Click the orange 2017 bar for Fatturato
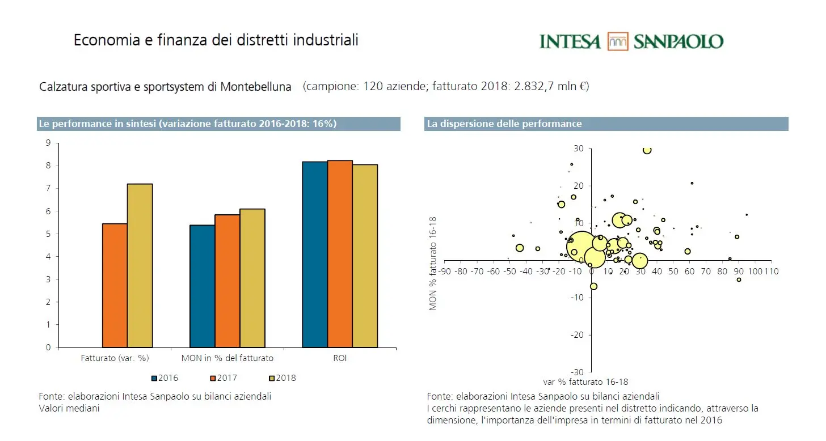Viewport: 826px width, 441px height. tap(115, 285)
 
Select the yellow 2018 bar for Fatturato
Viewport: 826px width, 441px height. tap(140, 265)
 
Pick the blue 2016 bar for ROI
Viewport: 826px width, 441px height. tap(314, 255)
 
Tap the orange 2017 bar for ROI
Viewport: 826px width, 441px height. tap(340, 254)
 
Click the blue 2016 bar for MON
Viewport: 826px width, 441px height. tap(202, 286)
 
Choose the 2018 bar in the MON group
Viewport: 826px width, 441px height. tap(252, 278)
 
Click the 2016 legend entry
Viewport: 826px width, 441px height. tap(165, 378)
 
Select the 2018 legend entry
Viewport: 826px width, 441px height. tap(282, 378)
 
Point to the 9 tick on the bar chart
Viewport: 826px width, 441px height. tap(48, 143)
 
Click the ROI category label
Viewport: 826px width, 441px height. tap(339, 358)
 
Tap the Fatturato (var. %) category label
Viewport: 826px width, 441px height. tap(115, 358)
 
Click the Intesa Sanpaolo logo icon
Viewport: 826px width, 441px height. tap(617, 41)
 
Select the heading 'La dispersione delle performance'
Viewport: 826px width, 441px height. tap(504, 124)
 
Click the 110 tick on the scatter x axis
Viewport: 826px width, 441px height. tap(772, 272)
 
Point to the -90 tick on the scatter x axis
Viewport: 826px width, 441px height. tap(445, 272)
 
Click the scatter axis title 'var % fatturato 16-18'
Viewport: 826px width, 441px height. tap(585, 382)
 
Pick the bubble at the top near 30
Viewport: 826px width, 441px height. tap(647, 150)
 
